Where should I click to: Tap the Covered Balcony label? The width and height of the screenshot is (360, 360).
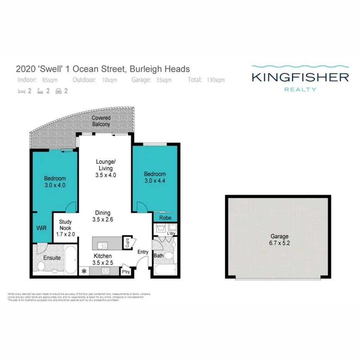coord(101,121)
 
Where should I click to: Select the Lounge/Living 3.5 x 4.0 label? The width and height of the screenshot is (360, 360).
coord(105,168)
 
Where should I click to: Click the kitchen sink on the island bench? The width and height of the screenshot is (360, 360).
coord(103,245)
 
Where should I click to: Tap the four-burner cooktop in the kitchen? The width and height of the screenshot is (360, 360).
coord(105,271)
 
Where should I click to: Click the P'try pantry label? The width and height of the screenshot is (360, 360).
coord(126,272)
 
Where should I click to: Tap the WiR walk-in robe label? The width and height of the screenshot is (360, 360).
coord(41,228)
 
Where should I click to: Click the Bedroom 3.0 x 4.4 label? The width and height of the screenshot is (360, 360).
coord(155,177)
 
